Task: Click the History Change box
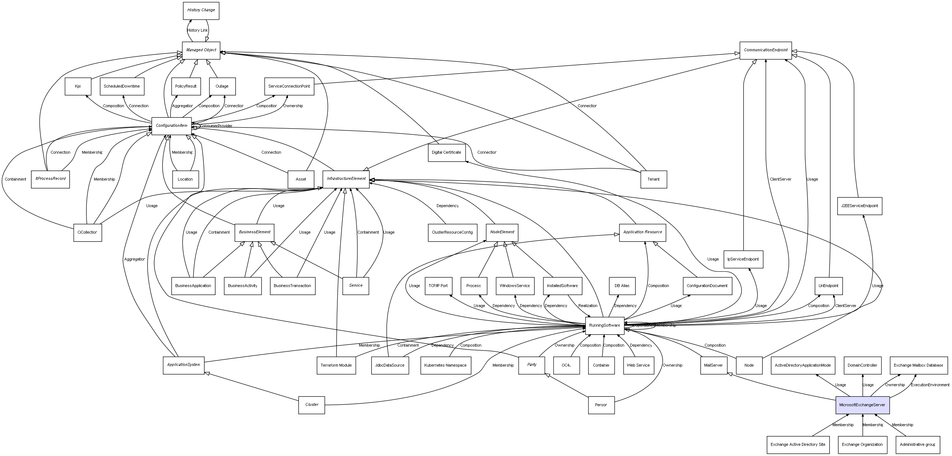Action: tap(201, 10)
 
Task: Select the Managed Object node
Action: tap(201, 50)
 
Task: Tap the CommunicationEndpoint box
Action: tap(766, 50)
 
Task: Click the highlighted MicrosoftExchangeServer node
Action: tap(862, 405)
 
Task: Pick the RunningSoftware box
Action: tap(604, 326)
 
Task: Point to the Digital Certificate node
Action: tap(446, 153)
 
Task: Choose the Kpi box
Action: tap(78, 86)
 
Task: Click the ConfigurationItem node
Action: tap(172, 126)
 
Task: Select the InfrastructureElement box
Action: tap(346, 179)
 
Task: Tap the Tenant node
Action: tap(654, 179)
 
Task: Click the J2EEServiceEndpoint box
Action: tap(859, 206)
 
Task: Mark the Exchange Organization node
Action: tap(862, 444)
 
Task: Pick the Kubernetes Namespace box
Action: tap(445, 366)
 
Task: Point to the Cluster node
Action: tap(312, 405)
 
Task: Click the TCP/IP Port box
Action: tap(438, 286)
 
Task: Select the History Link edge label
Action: tap(197, 30)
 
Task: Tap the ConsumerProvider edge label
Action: tap(217, 126)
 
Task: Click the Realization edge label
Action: tap(588, 306)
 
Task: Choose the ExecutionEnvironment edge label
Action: tap(930, 385)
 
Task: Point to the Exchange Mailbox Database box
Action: tap(918, 366)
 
